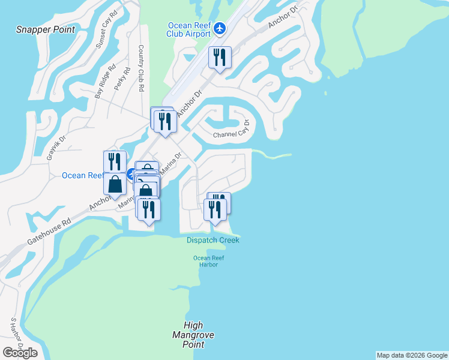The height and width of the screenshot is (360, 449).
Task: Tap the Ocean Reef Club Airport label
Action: [x=188, y=29]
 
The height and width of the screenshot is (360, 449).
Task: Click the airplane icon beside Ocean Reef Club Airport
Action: [x=219, y=28]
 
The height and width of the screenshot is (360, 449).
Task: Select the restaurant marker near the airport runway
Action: [x=219, y=58]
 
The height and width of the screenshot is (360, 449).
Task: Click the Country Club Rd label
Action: [x=142, y=68]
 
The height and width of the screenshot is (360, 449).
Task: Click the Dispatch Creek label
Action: [x=212, y=240]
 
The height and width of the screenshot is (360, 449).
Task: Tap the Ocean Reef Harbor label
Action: [x=205, y=262]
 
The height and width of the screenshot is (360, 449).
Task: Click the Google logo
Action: [x=20, y=353]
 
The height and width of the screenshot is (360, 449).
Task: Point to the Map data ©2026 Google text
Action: [x=412, y=355]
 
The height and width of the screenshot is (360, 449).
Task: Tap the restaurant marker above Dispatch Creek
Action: [x=215, y=210]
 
